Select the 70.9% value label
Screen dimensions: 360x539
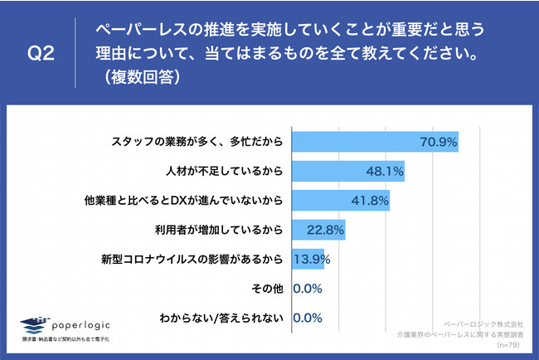(x=439, y=143)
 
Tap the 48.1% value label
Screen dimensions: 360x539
(x=384, y=172)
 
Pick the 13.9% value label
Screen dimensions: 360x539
(x=313, y=260)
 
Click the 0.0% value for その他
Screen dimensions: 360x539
(x=307, y=289)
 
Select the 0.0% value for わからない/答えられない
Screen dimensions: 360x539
(x=307, y=318)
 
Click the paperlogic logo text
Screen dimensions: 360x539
(x=83, y=324)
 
